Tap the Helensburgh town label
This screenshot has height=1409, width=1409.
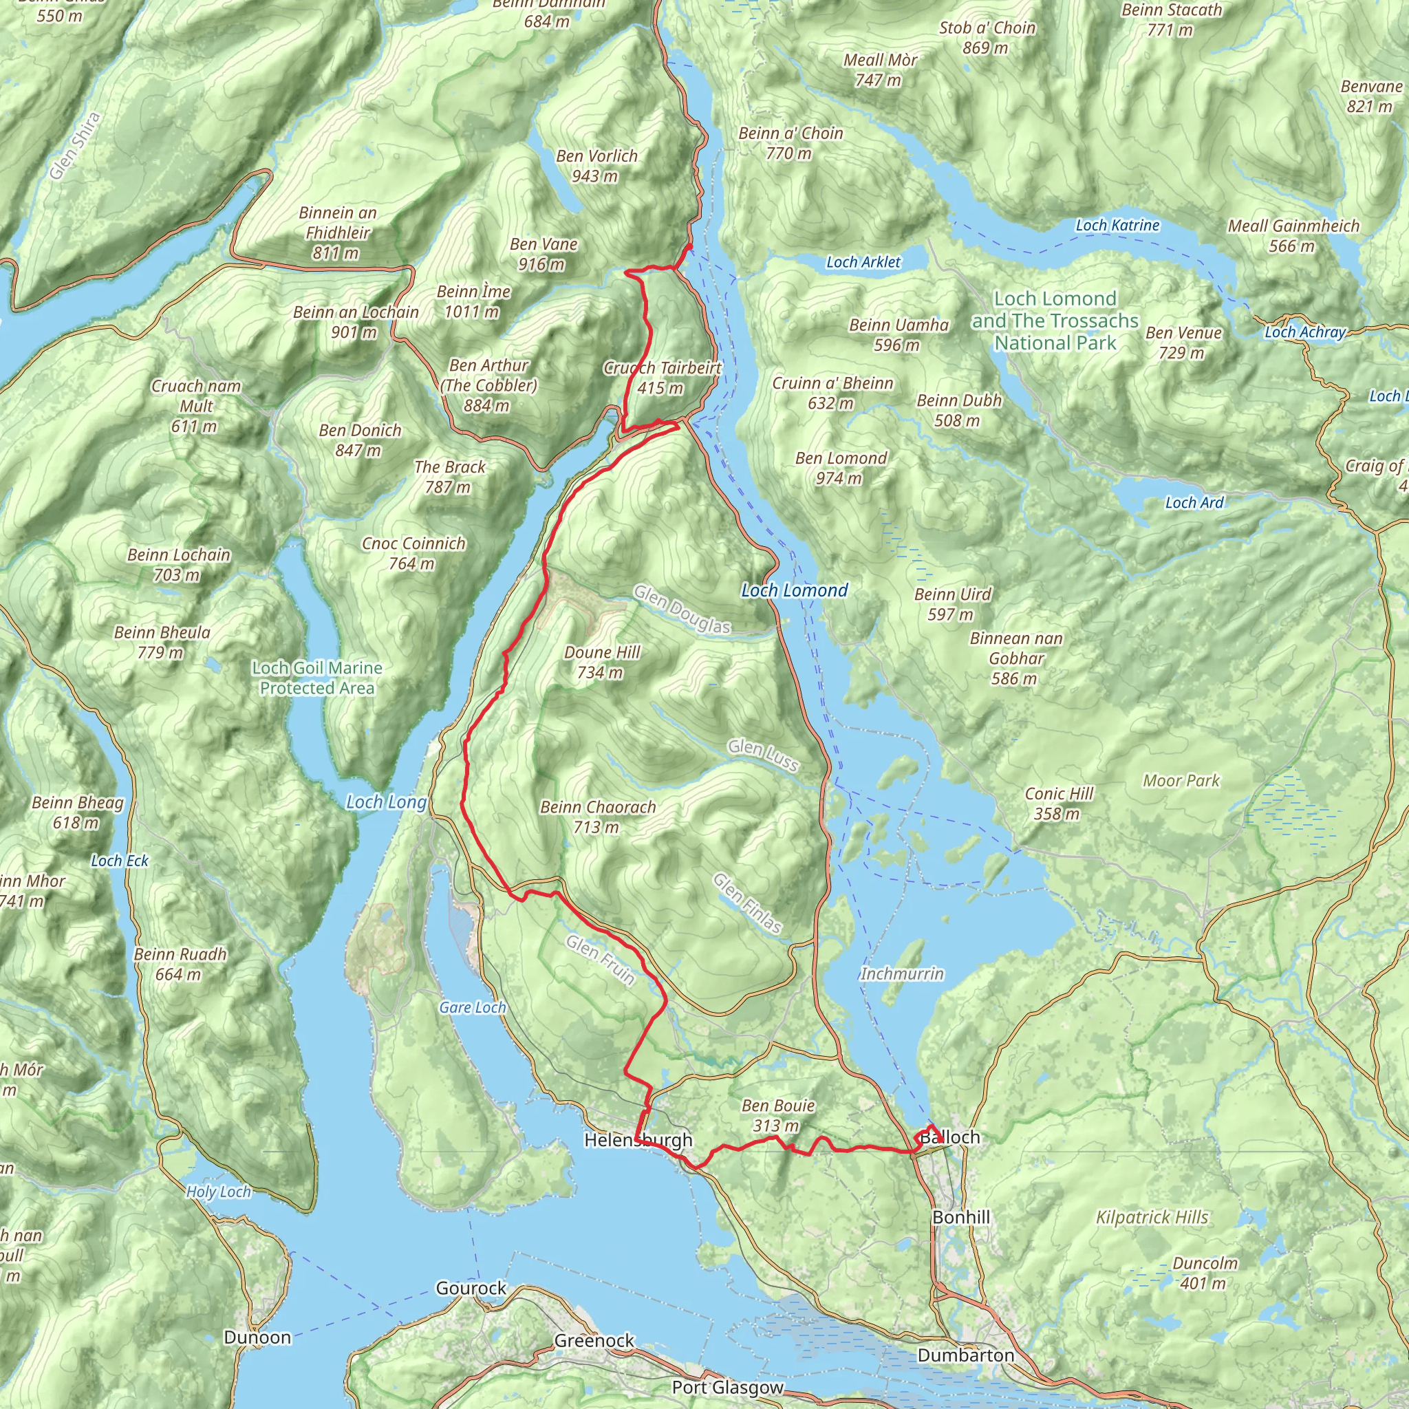point(638,1140)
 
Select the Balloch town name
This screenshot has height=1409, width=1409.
point(949,1137)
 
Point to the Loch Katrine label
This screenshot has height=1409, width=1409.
point(1117,226)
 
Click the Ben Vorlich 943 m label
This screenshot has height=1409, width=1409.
point(596,166)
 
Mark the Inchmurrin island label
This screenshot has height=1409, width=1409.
point(901,974)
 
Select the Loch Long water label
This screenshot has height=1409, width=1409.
point(386,802)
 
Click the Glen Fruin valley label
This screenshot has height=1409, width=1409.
point(600,960)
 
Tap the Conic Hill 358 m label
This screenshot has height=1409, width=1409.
point(1058,803)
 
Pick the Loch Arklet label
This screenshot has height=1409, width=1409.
point(863,262)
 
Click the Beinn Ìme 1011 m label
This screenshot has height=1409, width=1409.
point(473,301)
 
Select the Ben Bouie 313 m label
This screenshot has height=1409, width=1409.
point(777,1115)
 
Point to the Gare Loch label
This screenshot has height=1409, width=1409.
point(472,1007)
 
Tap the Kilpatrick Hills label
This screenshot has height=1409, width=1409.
point(1152,1217)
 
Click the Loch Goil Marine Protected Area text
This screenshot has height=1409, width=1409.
point(317,678)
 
